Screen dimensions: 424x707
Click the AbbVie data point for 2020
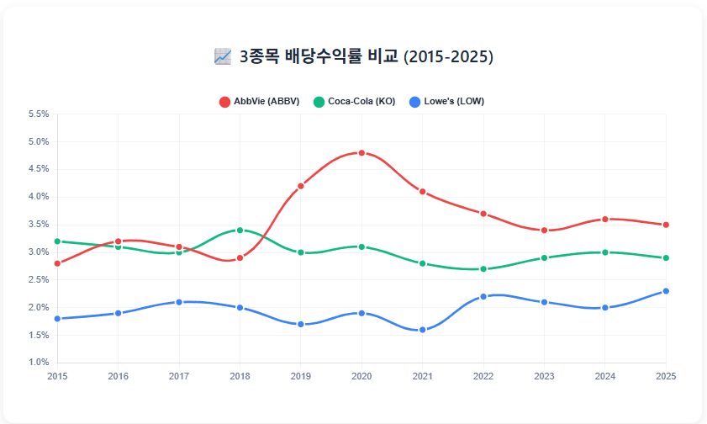coord(361,153)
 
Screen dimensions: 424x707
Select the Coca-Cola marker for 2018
coord(240,230)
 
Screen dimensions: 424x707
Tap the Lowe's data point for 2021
coord(423,330)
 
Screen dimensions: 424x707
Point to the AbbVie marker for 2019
coord(301,186)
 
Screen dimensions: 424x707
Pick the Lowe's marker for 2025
coord(666,291)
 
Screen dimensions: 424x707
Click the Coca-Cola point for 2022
coord(483,269)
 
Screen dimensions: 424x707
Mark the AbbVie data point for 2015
coord(57,263)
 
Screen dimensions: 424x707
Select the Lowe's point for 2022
coord(483,296)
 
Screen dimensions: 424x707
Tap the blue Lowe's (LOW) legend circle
coord(414,102)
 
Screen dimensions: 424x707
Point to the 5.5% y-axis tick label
coord(39,114)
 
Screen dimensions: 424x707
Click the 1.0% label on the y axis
coord(39,363)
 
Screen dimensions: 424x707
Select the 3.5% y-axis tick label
coord(39,225)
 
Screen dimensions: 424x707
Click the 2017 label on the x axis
coord(179,376)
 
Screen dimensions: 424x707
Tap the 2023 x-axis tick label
coord(544,376)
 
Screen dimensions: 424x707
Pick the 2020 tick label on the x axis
coord(361,376)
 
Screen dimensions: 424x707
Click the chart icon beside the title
coord(223,56)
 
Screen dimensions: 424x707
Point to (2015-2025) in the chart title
coord(448,56)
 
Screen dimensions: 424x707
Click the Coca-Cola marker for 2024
coord(605,252)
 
